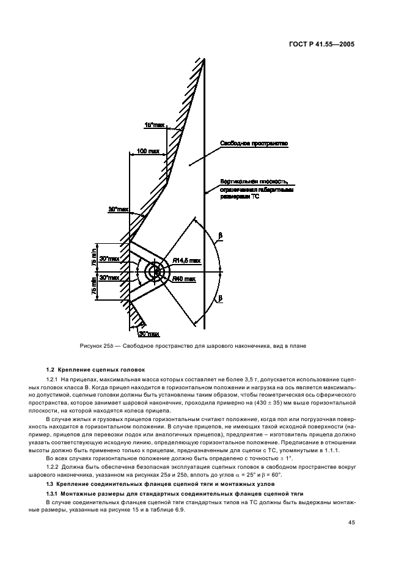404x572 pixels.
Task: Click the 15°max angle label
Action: [x=154, y=125]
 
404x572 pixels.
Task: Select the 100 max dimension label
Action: [x=149, y=150]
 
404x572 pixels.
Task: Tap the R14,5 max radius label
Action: [x=186, y=260]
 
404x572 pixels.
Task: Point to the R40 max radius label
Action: [x=183, y=279]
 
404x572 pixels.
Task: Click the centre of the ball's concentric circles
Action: [x=155, y=271]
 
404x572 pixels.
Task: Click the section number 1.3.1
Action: [x=54, y=493]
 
